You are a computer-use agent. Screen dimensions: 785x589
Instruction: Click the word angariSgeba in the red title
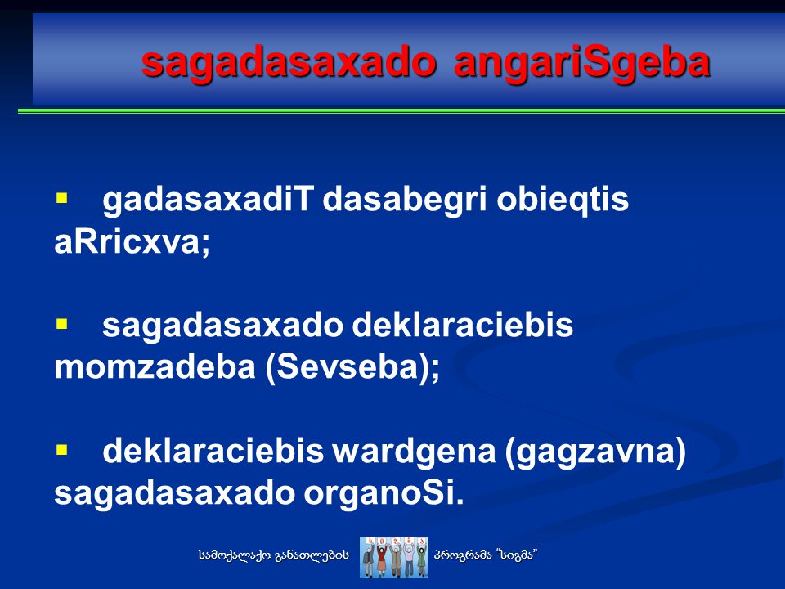[582, 64]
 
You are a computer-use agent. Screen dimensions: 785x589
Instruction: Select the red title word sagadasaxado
[289, 64]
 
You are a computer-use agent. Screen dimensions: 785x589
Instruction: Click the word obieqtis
[563, 200]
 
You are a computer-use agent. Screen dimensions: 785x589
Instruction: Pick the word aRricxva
[132, 242]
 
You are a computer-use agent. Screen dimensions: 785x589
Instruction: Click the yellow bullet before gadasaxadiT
[61, 198]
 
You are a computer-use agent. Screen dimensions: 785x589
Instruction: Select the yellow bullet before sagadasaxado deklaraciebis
[61, 324]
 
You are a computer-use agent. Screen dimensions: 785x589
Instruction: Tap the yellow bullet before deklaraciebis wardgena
[61, 450]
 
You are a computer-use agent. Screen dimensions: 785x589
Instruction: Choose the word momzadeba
[155, 367]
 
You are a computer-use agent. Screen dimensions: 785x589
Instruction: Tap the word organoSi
[384, 494]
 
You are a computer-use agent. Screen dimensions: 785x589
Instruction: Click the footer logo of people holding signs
[393, 557]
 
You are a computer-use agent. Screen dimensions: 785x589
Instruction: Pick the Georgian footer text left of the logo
[273, 555]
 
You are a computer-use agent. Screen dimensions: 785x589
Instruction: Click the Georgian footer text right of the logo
[486, 555]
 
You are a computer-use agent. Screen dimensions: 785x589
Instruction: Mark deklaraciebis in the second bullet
[463, 325]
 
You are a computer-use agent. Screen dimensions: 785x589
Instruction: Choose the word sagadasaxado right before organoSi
[174, 494]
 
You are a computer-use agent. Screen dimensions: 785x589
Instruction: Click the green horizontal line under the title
[401, 110]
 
